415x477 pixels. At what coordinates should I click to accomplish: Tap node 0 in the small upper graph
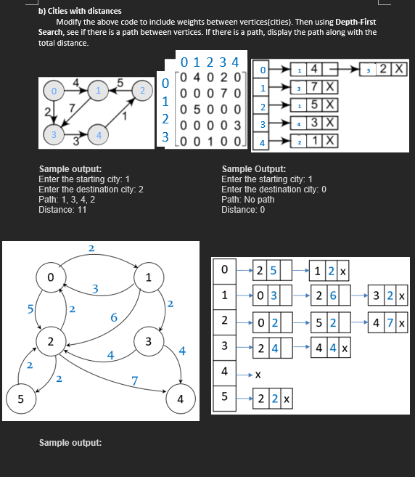[x=53, y=91]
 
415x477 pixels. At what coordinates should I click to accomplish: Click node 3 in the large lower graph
[x=147, y=340]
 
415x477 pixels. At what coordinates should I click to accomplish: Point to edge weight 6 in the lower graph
[x=114, y=318]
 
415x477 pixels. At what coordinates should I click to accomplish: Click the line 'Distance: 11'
[x=60, y=210]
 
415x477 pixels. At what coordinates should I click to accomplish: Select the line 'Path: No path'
[x=247, y=200]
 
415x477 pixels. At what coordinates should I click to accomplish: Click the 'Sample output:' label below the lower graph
[x=70, y=442]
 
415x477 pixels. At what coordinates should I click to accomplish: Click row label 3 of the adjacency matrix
[x=166, y=136]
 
